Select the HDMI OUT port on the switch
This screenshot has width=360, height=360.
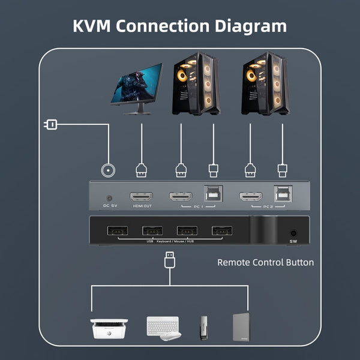pyautogui.click(x=142, y=197)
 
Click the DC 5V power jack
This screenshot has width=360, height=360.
pyautogui.click(x=109, y=198)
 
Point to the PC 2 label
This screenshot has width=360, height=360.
pyautogui.click(x=267, y=207)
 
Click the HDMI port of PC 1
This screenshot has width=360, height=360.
pyautogui.click(x=180, y=196)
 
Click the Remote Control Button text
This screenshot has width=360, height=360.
pyautogui.click(x=265, y=262)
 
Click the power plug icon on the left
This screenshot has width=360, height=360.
pyautogui.click(x=50, y=125)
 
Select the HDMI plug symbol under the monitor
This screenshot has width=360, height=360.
pyautogui.click(x=142, y=170)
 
